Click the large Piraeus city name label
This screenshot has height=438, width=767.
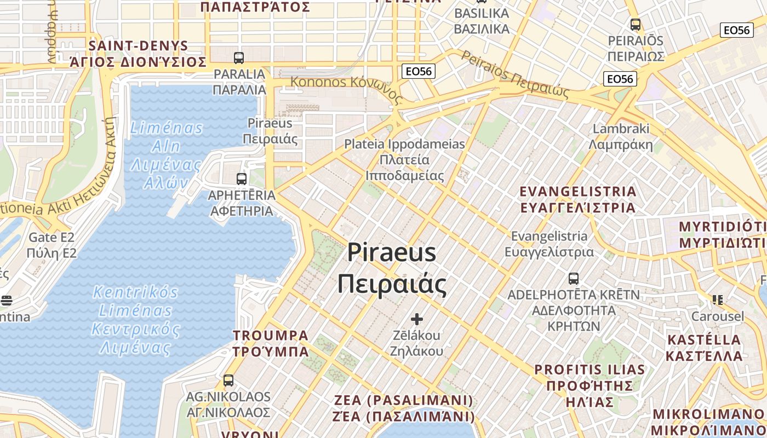point(392,268)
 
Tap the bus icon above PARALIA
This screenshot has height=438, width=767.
point(239,57)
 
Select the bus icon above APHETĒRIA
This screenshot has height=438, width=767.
point(242,178)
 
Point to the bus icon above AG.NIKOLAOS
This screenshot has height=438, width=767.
point(228,380)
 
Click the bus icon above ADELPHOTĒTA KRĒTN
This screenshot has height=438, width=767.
point(574,279)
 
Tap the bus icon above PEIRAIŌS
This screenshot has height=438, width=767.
point(636,25)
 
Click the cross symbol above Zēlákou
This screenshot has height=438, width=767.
point(417,319)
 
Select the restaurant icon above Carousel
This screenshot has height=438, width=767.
point(718,300)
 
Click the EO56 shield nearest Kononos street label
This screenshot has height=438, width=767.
point(418,71)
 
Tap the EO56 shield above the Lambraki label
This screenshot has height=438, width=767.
point(620,79)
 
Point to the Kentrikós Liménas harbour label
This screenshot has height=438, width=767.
point(136,320)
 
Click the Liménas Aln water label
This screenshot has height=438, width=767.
point(167,155)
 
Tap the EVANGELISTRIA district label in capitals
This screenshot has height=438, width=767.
point(577,199)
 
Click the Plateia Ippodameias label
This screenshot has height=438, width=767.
point(404,159)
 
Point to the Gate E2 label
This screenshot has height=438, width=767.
point(51,245)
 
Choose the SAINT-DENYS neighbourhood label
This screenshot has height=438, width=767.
point(138,54)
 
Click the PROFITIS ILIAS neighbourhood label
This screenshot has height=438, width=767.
point(589,385)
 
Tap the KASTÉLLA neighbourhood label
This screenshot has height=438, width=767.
point(704,348)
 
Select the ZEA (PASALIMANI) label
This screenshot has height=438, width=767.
point(404,408)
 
